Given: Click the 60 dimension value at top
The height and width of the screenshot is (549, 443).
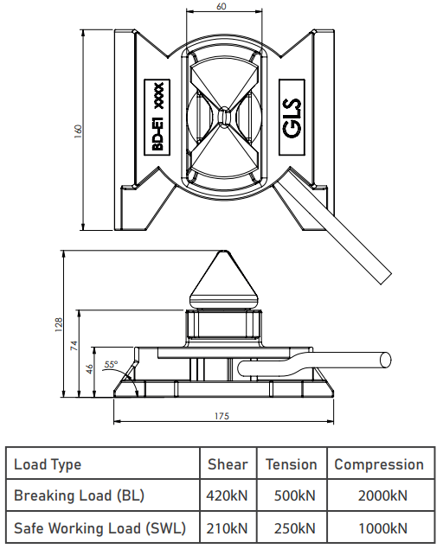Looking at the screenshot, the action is tap(221, 6).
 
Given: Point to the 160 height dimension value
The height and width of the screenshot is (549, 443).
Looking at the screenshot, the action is tap(78, 131).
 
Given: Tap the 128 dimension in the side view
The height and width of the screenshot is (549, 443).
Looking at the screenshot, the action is tap(59, 324).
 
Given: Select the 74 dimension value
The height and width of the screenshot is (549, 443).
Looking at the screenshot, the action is tap(74, 346).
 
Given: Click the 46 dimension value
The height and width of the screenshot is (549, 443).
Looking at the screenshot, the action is tap(90, 368).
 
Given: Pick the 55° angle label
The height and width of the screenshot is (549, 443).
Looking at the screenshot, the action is tap(111, 364).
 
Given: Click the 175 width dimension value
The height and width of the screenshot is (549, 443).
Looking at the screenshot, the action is tap(221, 416).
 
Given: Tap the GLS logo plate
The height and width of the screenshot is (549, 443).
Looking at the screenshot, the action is tap(292, 118).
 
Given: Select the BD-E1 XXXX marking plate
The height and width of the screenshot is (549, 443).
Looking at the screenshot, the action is tap(157, 118).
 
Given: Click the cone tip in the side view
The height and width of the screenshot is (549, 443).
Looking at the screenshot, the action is tap(223, 252).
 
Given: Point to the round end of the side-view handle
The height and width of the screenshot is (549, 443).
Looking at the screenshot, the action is tap(386, 360).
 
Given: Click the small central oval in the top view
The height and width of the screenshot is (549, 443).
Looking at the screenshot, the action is tap(223, 116).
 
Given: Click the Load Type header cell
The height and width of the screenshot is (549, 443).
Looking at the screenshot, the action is tap(48, 464).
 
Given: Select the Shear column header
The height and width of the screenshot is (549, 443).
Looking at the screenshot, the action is tap(228, 464).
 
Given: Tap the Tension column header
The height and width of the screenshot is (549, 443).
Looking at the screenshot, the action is tap(292, 464).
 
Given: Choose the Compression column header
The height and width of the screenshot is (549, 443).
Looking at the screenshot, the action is tap(379, 464).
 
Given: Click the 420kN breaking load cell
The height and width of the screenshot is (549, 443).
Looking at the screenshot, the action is tap(227, 495).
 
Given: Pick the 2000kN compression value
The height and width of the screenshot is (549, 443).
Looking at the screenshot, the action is tap(382, 495).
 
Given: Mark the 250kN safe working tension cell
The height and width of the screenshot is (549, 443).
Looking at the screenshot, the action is tap(295, 528).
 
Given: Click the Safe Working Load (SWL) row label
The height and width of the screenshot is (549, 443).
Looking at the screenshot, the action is tap(100, 528).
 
